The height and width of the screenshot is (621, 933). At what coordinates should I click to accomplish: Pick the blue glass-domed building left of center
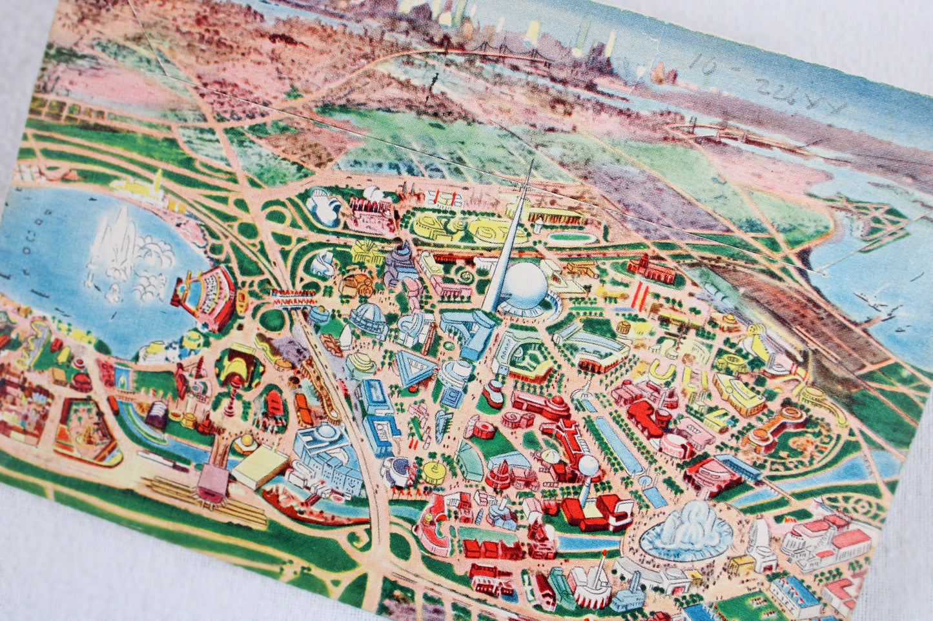click(368, 320)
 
